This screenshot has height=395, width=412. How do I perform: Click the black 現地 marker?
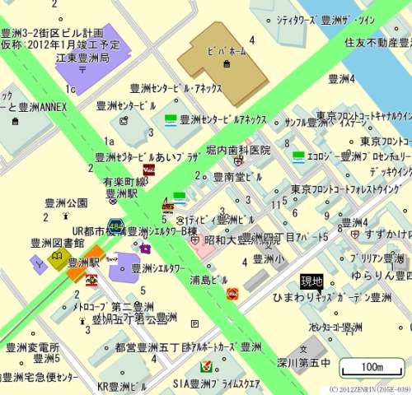click(311, 281)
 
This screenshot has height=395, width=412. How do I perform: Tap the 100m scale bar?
click(372, 366)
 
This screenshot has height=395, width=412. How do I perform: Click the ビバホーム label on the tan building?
click(223, 51)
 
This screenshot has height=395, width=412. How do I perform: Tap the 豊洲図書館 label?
click(57, 243)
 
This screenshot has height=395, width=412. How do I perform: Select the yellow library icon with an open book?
click(59, 261)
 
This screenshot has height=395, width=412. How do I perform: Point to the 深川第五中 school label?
click(303, 362)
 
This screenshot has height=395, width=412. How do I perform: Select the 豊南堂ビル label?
click(237, 176)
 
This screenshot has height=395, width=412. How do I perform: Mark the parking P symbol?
click(194, 323)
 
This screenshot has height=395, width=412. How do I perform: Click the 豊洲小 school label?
click(269, 258)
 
